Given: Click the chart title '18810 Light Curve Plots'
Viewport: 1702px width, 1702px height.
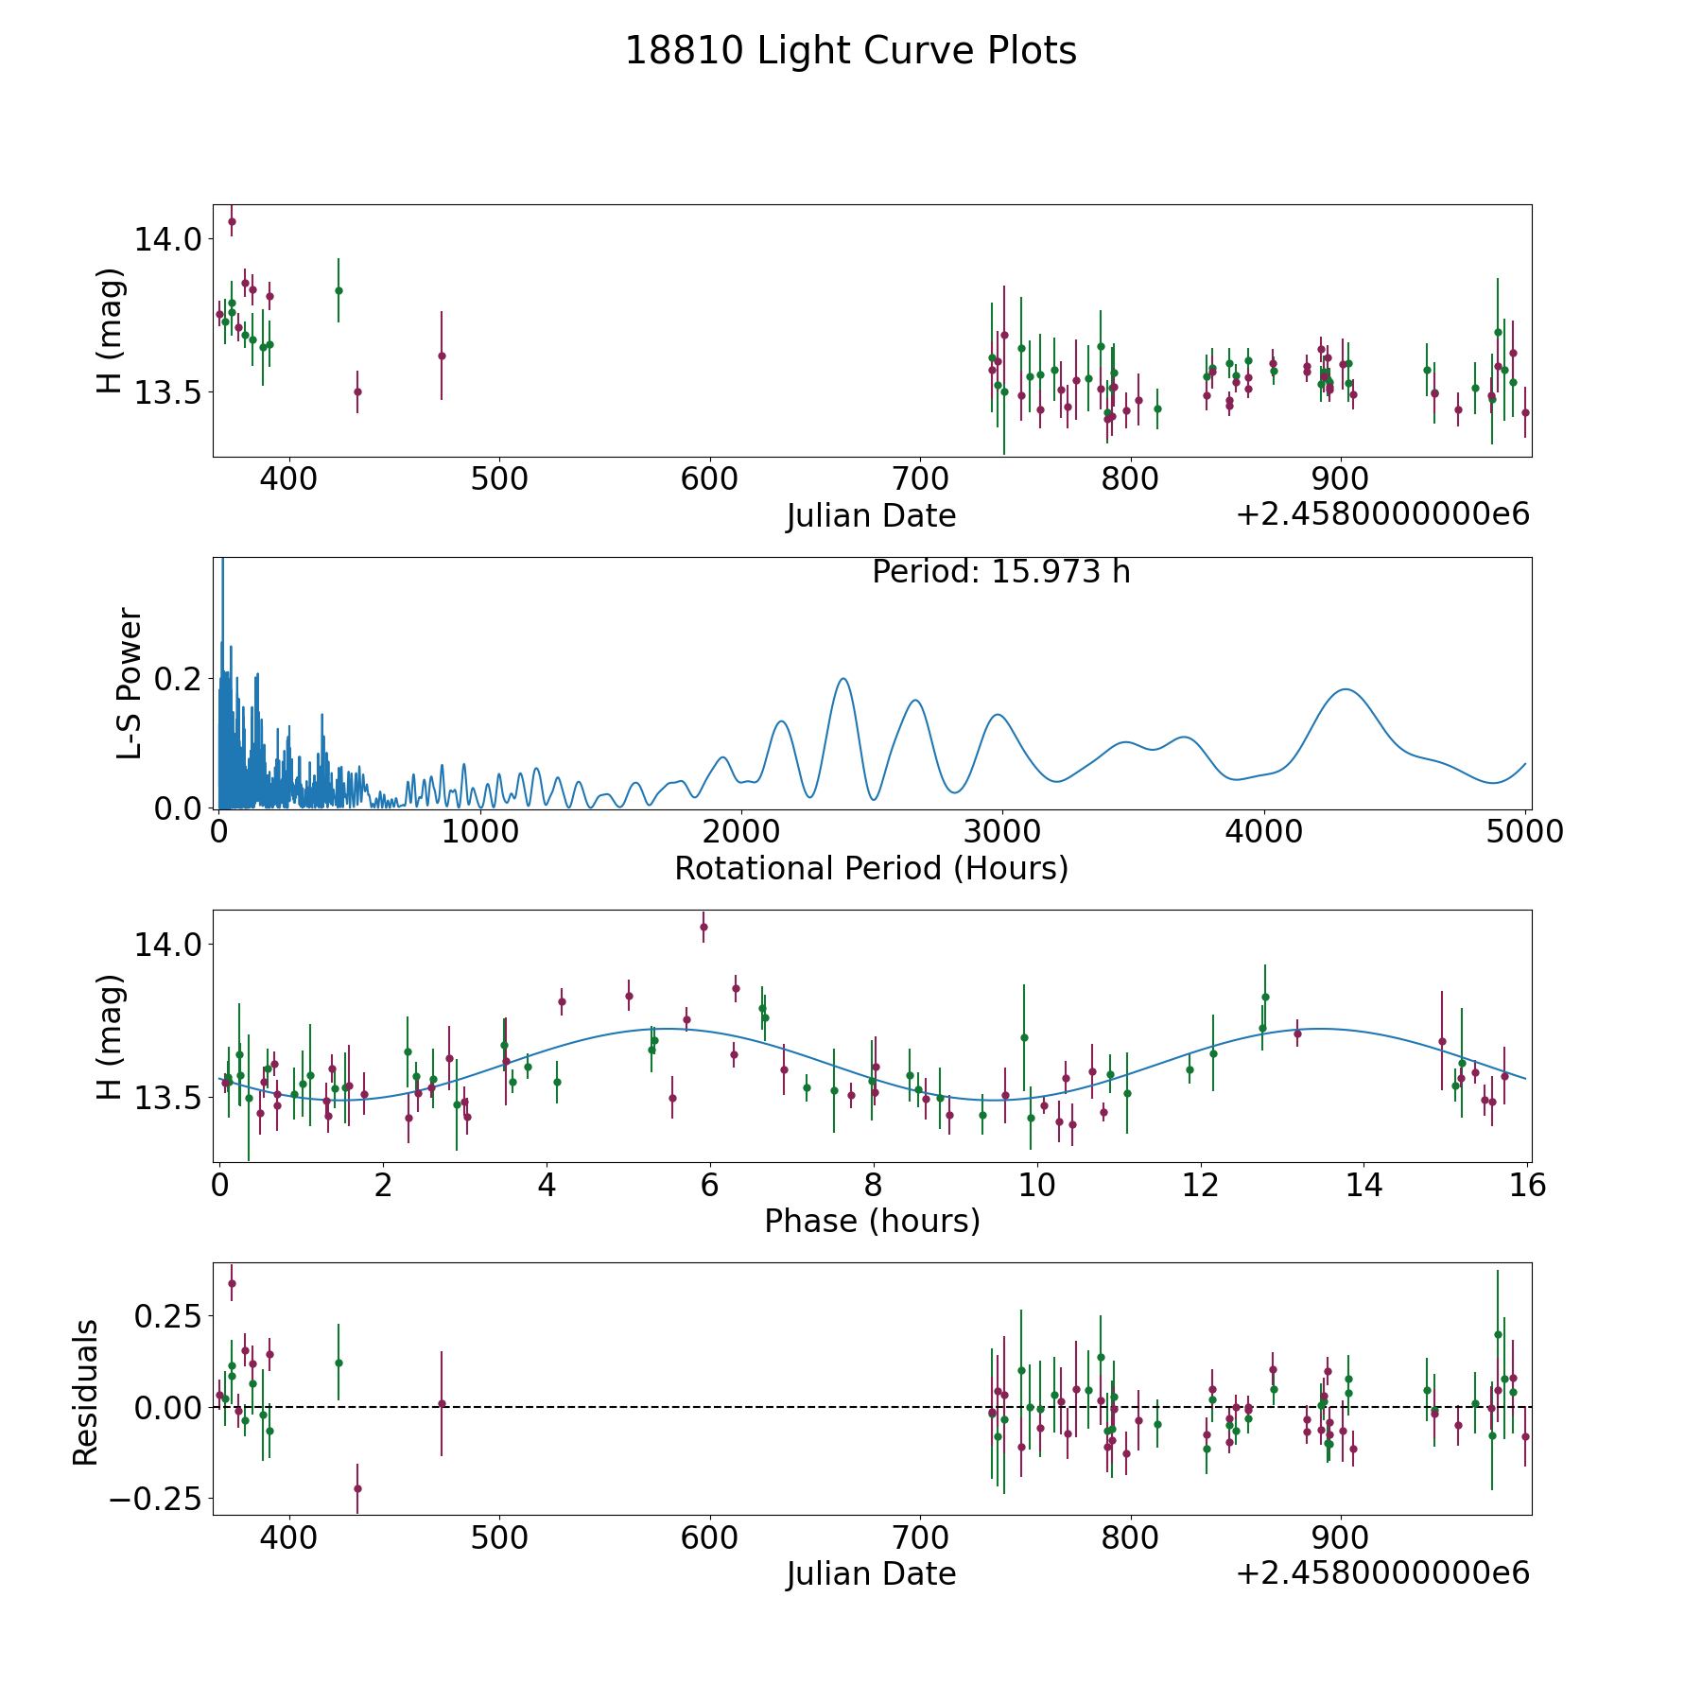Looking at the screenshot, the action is [x=851, y=51].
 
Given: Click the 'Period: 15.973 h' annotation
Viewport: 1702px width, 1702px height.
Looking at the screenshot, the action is [x=1001, y=572].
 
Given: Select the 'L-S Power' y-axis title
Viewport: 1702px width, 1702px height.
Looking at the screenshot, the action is [x=130, y=683].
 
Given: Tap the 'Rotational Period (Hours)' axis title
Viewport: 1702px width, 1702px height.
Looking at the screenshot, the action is [x=872, y=868].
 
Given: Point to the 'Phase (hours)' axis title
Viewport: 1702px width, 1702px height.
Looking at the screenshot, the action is [x=872, y=1221].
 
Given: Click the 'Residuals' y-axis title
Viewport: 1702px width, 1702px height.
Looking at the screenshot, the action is [x=85, y=1392].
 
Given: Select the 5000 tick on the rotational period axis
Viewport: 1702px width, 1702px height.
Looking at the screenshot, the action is [x=1525, y=832].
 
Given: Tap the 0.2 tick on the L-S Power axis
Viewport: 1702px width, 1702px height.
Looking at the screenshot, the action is [x=179, y=678].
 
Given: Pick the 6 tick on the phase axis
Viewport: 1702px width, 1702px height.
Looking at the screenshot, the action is [x=710, y=1185].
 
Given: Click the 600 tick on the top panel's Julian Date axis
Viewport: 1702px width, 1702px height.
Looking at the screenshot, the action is [x=710, y=479].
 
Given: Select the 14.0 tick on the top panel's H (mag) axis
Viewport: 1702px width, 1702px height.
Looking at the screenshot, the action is [x=168, y=239].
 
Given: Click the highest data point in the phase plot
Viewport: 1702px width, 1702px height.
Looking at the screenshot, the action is [x=703, y=927].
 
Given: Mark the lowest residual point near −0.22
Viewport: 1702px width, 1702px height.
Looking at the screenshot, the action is [x=357, y=1488].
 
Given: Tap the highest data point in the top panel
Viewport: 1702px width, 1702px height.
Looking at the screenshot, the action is [x=232, y=221].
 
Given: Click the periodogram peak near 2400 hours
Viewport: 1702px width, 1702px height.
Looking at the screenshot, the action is [x=843, y=678].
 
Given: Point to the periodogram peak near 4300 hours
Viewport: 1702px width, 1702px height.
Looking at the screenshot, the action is [x=1345, y=689].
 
